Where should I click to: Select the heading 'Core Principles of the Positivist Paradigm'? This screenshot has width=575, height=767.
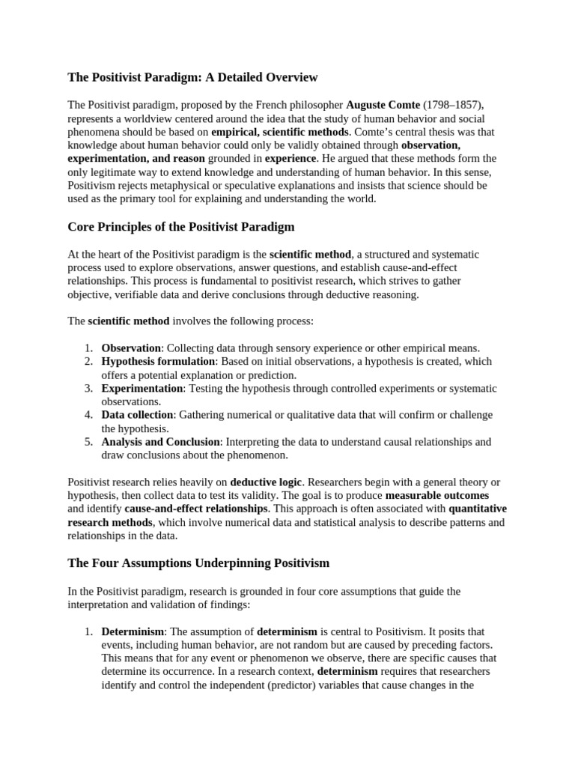click(181, 226)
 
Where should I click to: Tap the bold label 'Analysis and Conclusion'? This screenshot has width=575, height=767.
click(161, 442)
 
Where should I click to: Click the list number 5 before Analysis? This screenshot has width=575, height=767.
click(88, 442)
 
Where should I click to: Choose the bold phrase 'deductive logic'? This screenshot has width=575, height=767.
click(266, 482)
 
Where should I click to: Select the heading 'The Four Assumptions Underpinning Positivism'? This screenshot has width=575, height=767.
click(198, 563)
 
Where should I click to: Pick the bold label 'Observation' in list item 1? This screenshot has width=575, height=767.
click(131, 348)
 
